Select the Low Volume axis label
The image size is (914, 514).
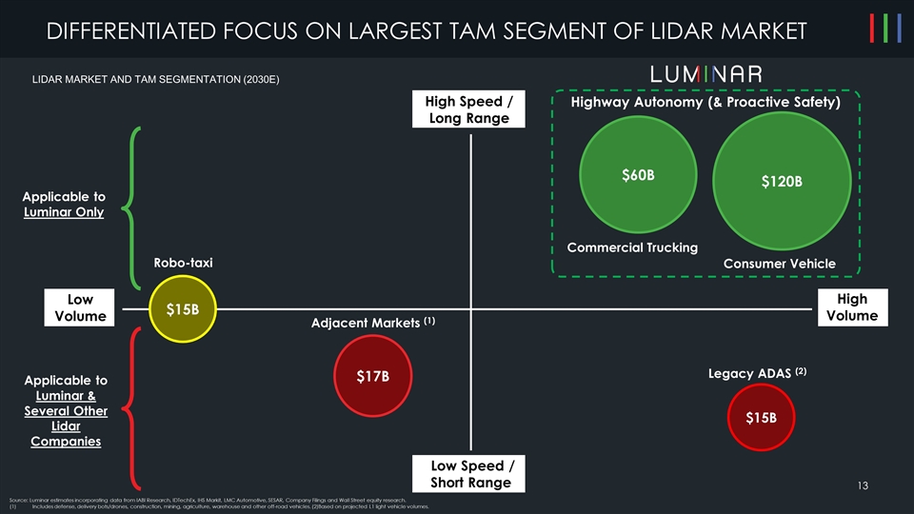coord(80,307)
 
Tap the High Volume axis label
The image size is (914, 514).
coord(852,307)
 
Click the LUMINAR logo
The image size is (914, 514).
coord(705,74)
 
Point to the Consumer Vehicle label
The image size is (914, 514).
coord(779,264)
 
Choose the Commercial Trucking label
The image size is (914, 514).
coord(632,247)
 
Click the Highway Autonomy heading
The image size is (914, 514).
coord(705,103)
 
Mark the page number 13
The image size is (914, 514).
coord(863,486)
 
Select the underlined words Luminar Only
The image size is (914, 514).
coord(64,212)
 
